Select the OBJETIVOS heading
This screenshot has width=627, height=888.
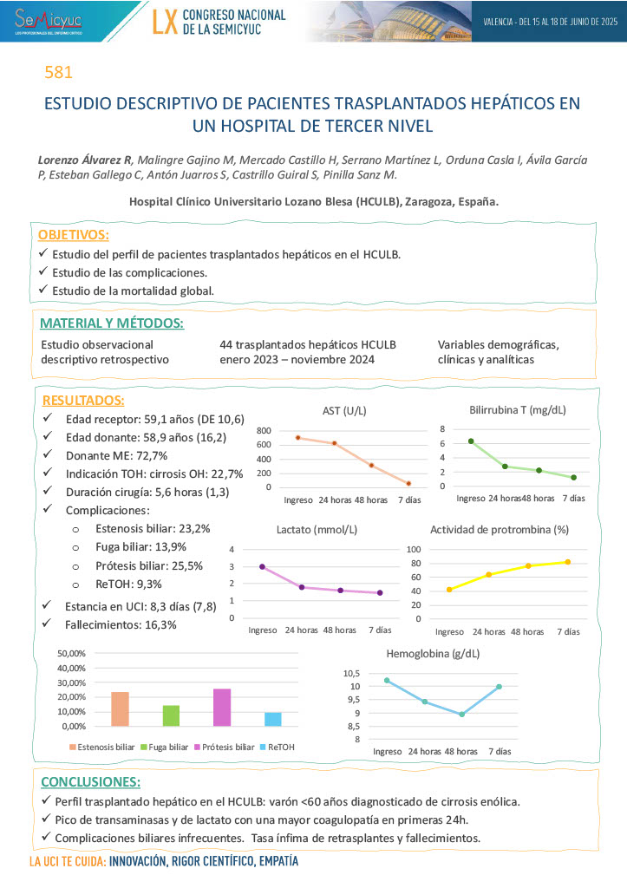pyautogui.click(x=74, y=235)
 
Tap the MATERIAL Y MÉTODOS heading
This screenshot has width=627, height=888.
pyautogui.click(x=112, y=323)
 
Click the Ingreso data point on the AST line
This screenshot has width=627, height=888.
pyautogui.click(x=297, y=437)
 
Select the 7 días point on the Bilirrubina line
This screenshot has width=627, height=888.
pyautogui.click(x=574, y=477)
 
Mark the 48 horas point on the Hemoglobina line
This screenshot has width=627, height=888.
pyautogui.click(x=462, y=715)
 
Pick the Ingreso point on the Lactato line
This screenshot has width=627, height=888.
pyautogui.click(x=262, y=567)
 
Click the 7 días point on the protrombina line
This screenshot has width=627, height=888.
pyautogui.click(x=568, y=562)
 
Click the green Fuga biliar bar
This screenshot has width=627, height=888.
pyautogui.click(x=171, y=715)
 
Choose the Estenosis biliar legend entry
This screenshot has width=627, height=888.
pyautogui.click(x=101, y=747)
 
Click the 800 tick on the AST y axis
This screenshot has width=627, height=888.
pyautogui.click(x=264, y=431)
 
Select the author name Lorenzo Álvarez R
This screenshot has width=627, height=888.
pyautogui.click(x=85, y=160)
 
